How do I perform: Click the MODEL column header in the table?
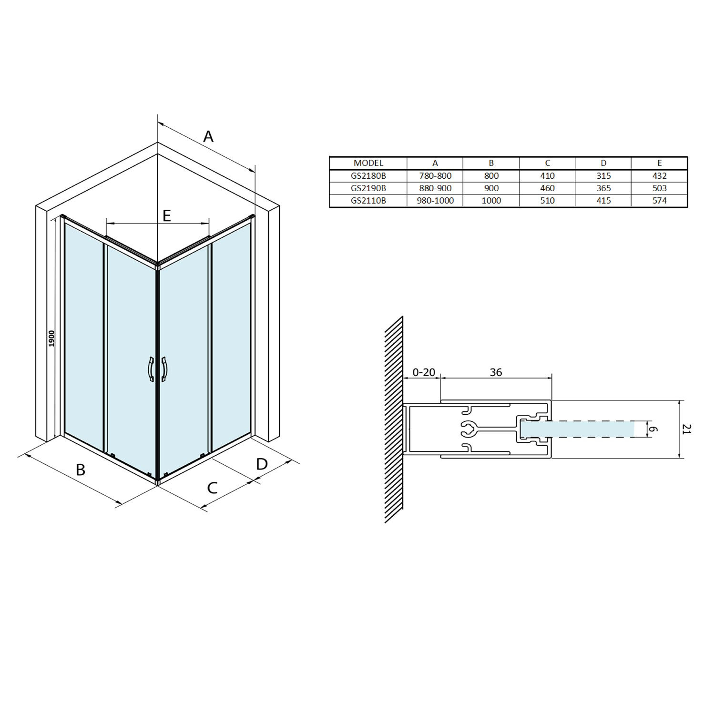pos(368,163)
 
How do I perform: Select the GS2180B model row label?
pos(368,176)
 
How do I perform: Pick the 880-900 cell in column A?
pos(435,188)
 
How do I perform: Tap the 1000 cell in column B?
pos(491,201)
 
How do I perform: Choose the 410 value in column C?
pos(547,176)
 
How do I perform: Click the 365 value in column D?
pos(603,188)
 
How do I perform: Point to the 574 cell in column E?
pos(659,201)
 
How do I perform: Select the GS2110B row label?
pos(368,201)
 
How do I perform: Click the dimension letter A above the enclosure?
pos(208,137)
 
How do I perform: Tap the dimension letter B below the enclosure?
pos(81,470)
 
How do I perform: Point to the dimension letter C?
pos(212,488)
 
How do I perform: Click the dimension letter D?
pos(262,464)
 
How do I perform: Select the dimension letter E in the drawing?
pos(166,216)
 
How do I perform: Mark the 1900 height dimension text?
pos(52,338)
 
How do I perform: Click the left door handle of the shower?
pos(150,369)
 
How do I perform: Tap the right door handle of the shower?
pos(164,369)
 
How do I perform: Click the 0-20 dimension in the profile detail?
pos(423,372)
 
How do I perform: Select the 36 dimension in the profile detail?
pos(496,372)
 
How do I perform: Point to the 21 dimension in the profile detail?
pos(686,429)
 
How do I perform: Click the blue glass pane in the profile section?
pos(582,429)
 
